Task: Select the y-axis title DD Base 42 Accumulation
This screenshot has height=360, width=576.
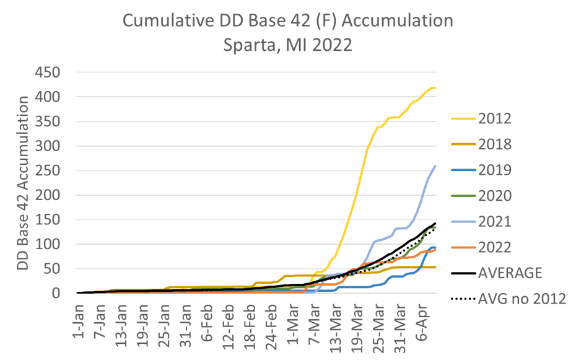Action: [x=23, y=182]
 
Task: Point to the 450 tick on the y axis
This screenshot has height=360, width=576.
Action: [x=48, y=72]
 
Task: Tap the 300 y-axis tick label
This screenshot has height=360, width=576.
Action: [x=48, y=146]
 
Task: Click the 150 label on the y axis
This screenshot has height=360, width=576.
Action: [x=48, y=220]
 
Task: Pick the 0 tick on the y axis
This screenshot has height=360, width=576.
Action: [x=56, y=293]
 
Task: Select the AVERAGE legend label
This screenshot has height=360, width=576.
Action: [x=510, y=273]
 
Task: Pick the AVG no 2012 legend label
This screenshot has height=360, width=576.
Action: [x=521, y=299]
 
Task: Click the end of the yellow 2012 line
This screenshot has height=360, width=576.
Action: [x=435, y=88]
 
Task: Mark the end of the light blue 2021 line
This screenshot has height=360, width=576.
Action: [x=435, y=165]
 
